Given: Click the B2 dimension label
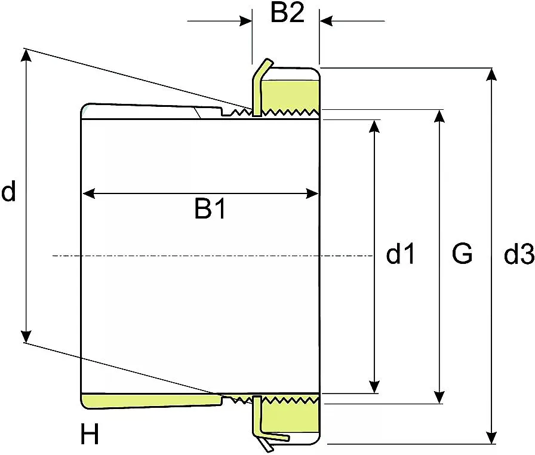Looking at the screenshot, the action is (287, 13).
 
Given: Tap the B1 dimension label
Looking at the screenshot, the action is (210, 208).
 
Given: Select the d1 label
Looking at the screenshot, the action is (400, 253).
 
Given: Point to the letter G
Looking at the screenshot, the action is (462, 253).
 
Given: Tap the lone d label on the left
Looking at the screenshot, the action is (8, 191).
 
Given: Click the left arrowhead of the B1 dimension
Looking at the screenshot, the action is (88, 194).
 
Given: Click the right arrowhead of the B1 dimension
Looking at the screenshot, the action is (312, 193).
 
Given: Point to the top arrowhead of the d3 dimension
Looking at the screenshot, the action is (491, 75).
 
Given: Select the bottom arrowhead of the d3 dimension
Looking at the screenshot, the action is (491, 438).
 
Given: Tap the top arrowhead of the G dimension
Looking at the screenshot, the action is (440, 116).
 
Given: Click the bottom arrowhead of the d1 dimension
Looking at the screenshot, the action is (374, 387).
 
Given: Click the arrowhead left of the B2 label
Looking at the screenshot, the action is (246, 21).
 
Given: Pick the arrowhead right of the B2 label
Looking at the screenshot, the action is (326, 21).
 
